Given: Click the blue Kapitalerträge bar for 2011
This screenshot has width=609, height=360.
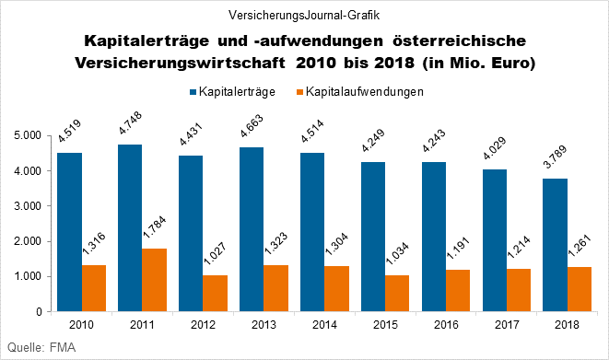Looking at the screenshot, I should [130, 228].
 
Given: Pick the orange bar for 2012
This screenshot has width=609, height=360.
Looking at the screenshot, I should [216, 293].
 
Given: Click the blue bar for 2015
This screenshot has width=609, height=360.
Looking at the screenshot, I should [372, 237].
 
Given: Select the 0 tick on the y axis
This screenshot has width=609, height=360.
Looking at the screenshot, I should [41, 312].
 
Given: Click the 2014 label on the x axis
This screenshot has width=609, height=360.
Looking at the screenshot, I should [325, 325].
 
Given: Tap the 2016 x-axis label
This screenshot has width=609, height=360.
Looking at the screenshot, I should [446, 325].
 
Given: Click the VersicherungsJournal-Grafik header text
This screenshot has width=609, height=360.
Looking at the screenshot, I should [304, 15].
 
